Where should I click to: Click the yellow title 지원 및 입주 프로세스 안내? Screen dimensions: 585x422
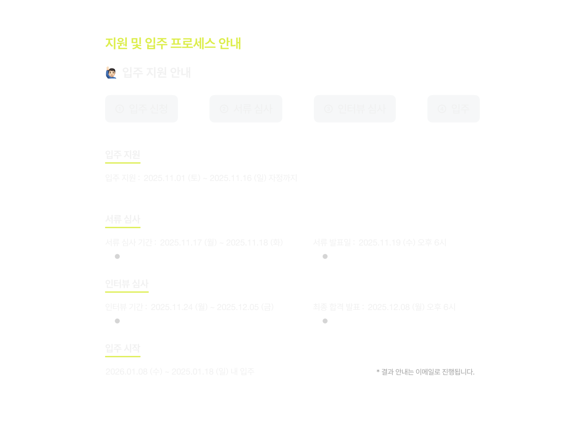point(173,43)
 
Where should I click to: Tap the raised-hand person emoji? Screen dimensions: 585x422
point(111,72)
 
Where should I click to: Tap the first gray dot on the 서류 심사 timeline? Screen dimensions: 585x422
point(117,257)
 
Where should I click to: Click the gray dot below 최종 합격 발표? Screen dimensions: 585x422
point(325,321)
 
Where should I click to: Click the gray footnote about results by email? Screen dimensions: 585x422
point(425,372)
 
